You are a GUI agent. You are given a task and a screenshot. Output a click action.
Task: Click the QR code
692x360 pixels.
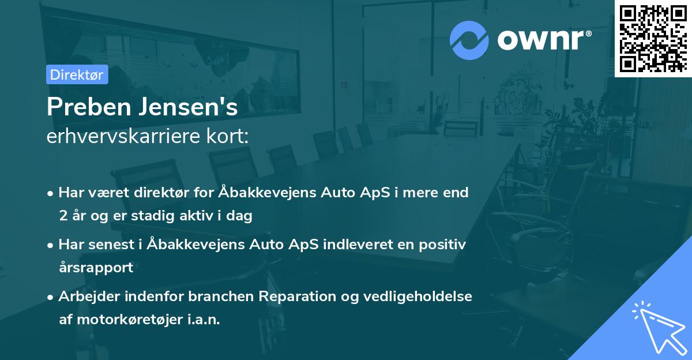652,37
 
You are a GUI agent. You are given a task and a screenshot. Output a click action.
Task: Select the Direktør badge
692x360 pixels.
77,74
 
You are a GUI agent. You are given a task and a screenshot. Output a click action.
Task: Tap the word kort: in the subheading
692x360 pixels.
231,137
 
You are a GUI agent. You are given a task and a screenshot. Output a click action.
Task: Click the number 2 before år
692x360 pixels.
63,216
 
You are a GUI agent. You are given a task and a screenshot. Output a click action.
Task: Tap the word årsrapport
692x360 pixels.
96,267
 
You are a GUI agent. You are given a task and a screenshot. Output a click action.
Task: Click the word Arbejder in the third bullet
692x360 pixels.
85,297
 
